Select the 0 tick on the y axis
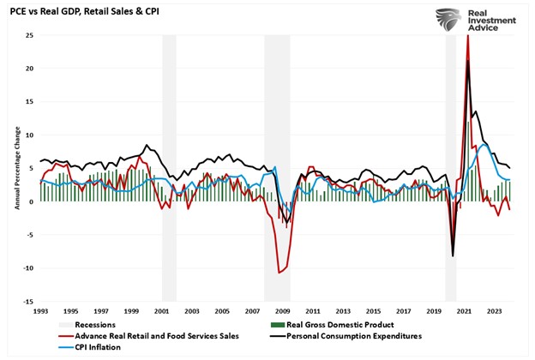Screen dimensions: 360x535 (30, 201)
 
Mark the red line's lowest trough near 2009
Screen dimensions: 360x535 (279, 273)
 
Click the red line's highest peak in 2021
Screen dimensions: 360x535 (467, 36)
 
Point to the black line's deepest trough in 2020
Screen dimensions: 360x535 (453, 255)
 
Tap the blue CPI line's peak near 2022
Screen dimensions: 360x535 (484, 145)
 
